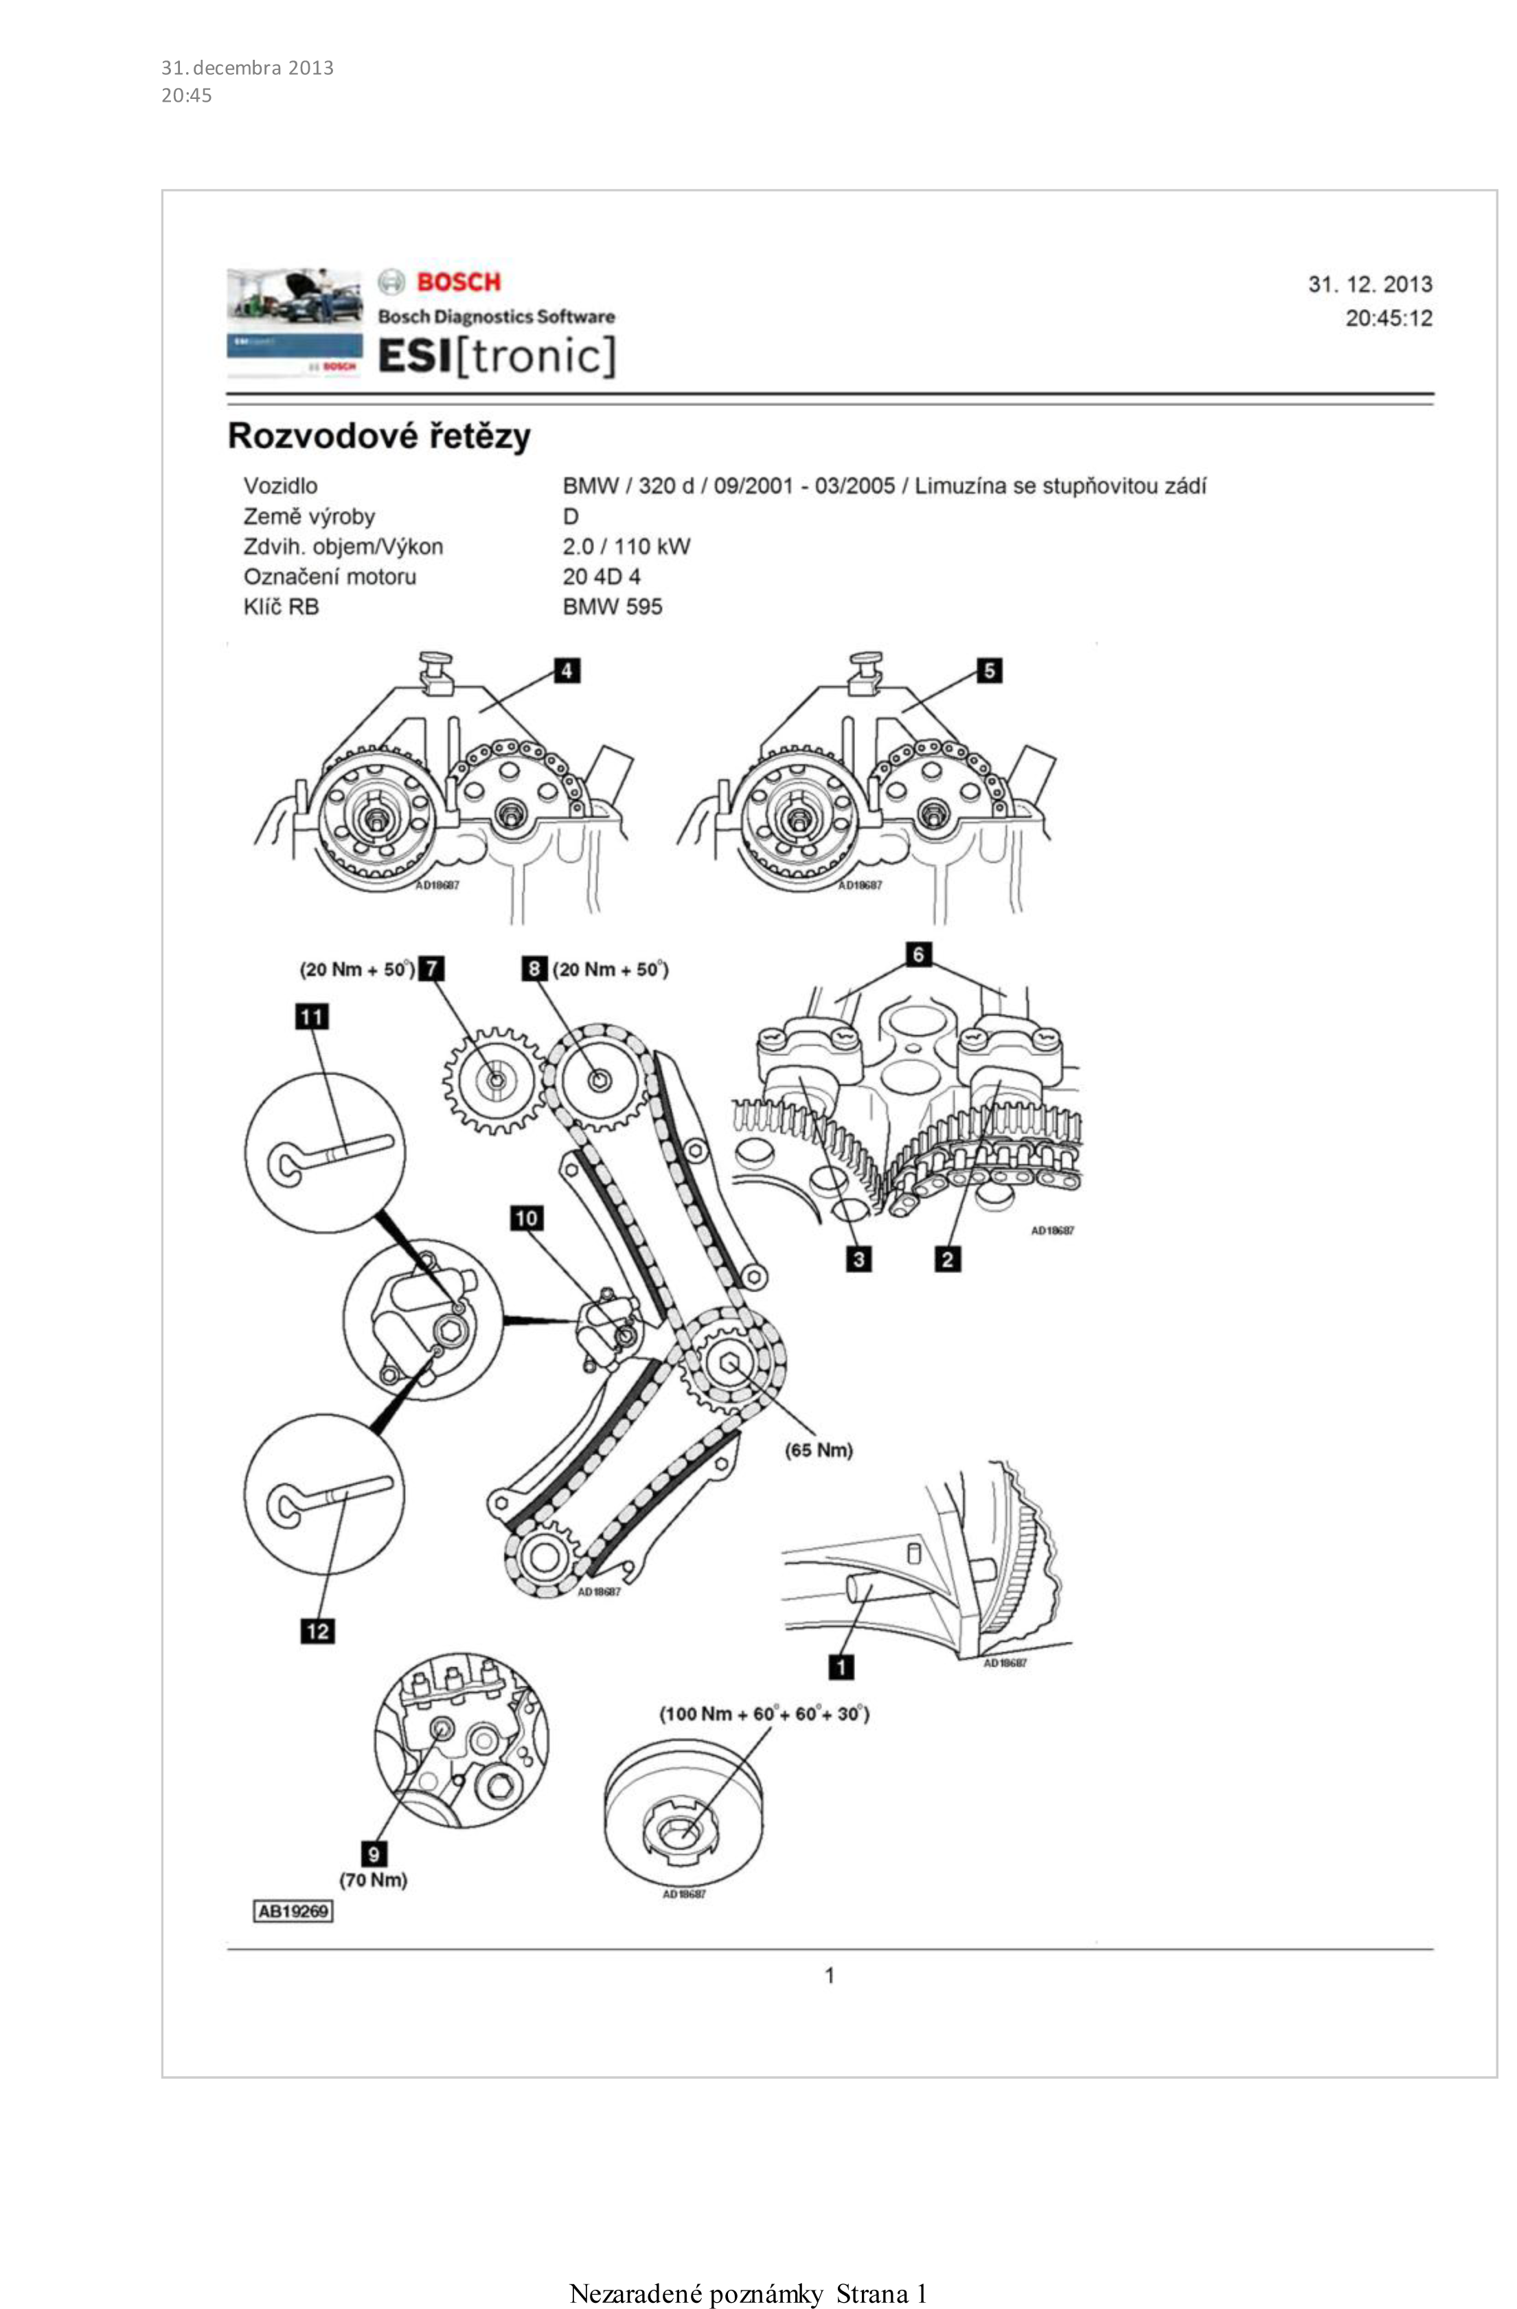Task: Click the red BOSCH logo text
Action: [458, 282]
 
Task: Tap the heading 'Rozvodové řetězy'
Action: [379, 436]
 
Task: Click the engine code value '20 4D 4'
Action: [602, 576]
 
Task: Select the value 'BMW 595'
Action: [612, 607]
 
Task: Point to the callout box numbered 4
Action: [567, 671]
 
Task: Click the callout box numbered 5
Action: [988, 671]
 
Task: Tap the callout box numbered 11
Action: [311, 1017]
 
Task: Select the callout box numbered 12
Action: [317, 1631]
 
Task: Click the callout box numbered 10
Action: [527, 1219]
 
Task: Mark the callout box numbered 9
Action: [374, 1854]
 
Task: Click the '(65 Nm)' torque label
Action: [819, 1450]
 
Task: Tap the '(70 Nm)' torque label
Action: [374, 1879]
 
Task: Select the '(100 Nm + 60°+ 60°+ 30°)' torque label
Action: [764, 1713]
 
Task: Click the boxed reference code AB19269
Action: [293, 1911]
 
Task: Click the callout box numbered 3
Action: [858, 1259]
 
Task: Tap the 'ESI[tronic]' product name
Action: [497, 356]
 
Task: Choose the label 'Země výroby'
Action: [308, 516]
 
